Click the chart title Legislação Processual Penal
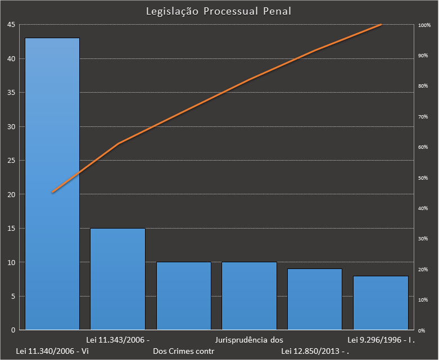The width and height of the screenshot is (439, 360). [x=219, y=11]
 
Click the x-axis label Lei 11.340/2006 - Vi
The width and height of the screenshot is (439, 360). [x=53, y=352]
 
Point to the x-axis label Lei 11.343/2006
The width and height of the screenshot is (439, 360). [x=117, y=340]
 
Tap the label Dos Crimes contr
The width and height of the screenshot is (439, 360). [x=184, y=352]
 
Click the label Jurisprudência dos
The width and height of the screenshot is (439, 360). [x=249, y=340]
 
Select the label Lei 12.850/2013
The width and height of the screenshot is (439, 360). [x=315, y=352]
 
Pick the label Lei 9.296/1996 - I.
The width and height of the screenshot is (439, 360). [x=381, y=340]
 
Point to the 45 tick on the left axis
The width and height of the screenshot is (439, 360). [x=11, y=25]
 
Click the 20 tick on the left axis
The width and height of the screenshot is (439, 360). [x=11, y=194]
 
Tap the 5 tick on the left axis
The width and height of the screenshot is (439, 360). [x=13, y=296]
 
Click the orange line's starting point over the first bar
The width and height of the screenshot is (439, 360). [x=52, y=192]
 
